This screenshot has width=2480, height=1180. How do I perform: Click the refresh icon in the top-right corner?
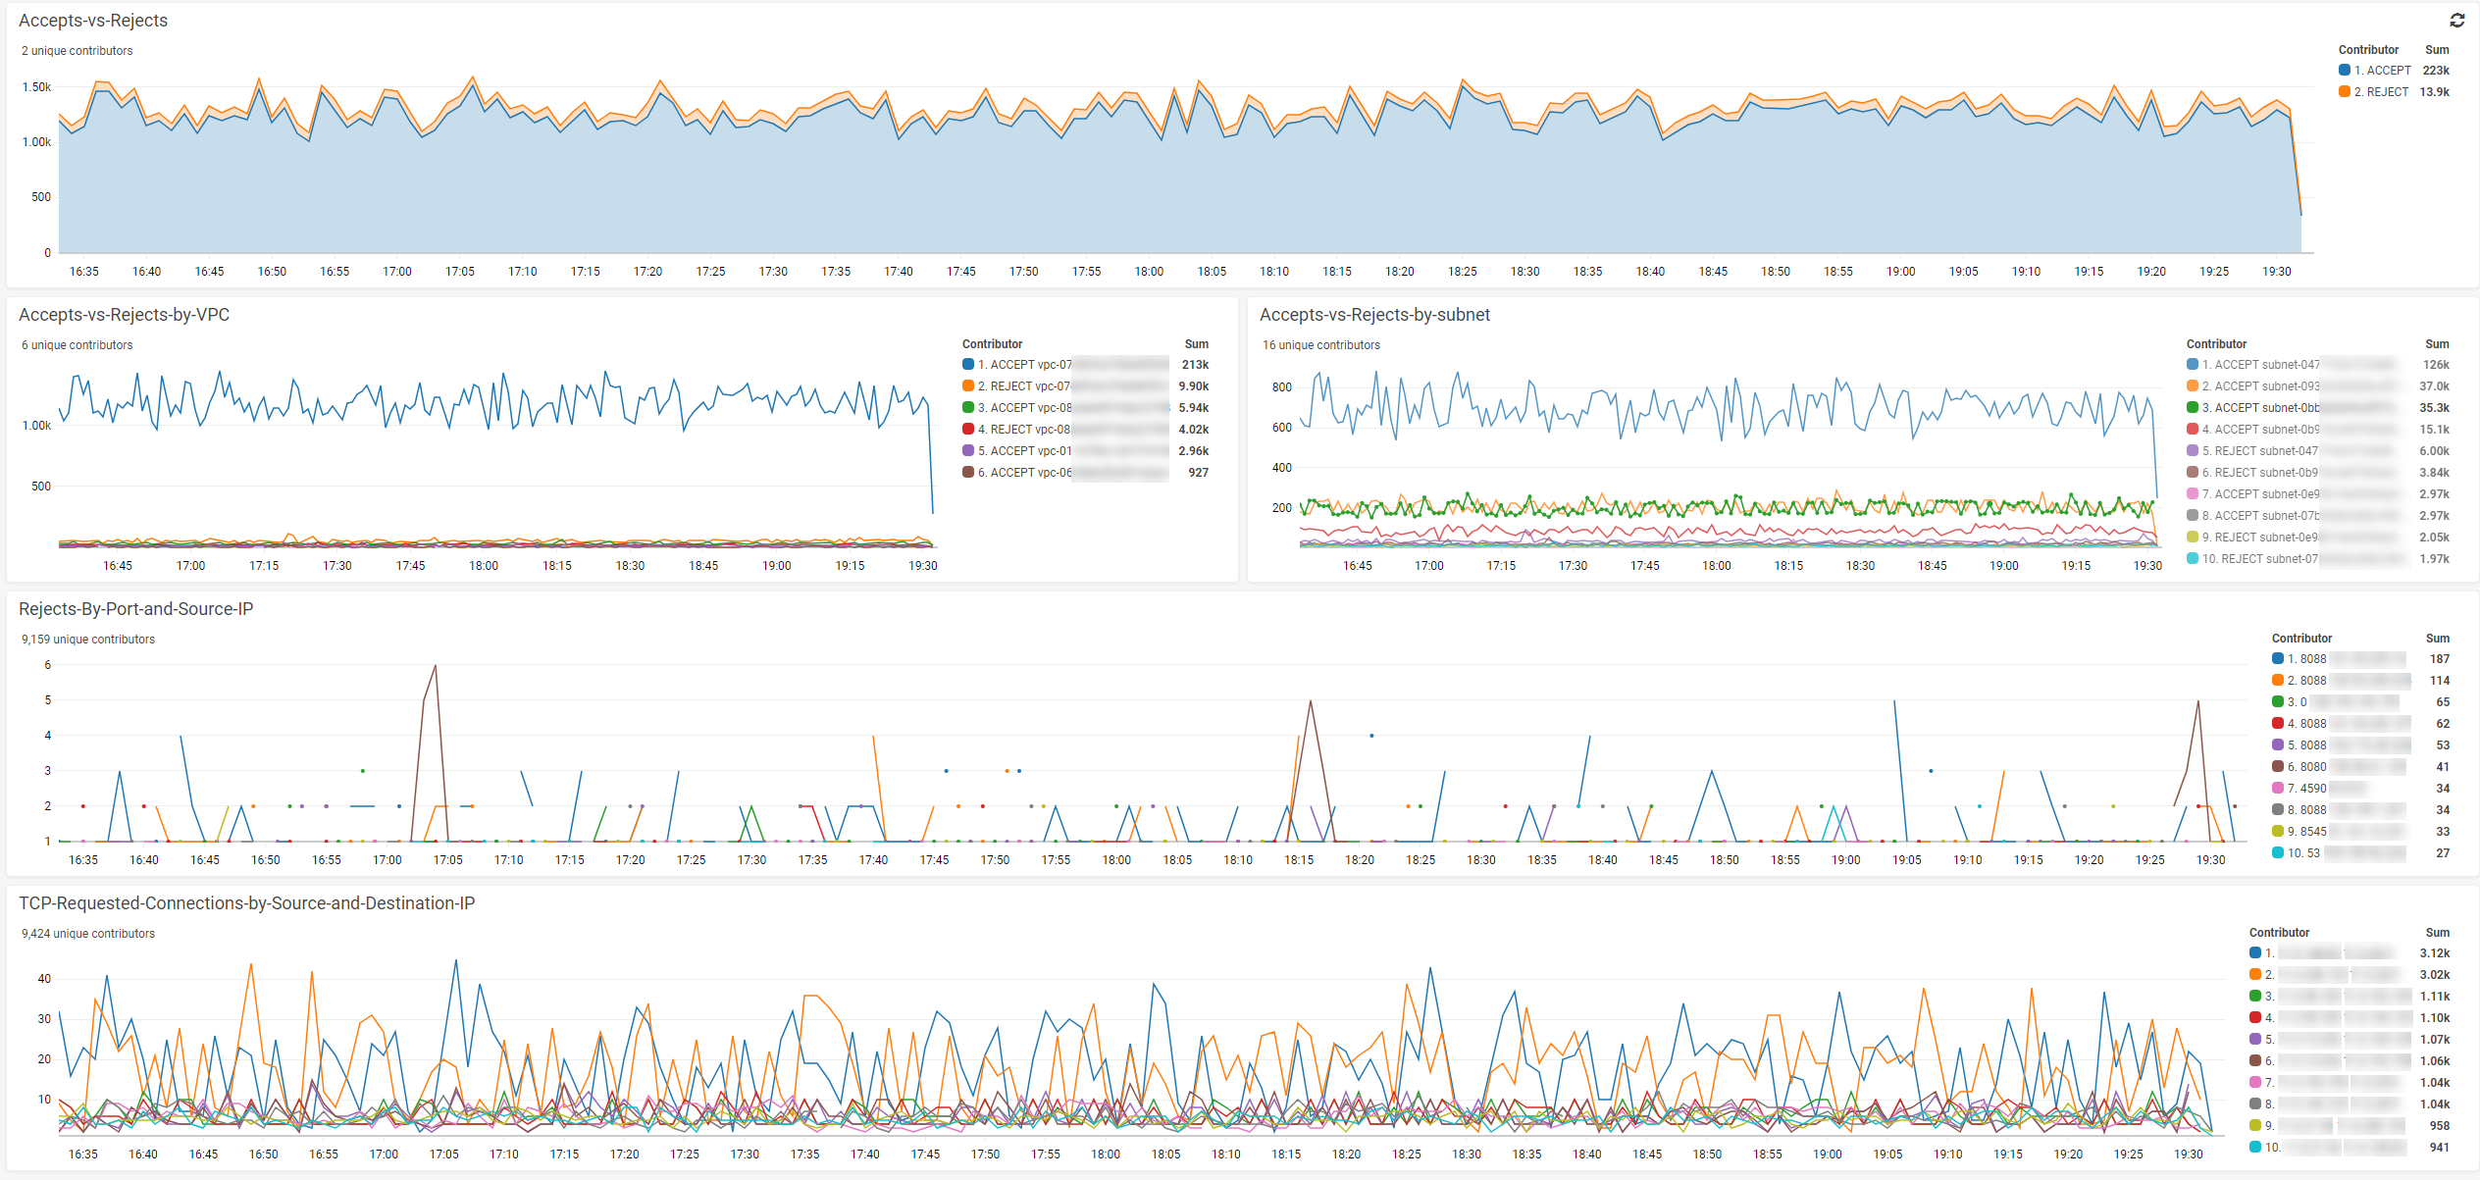2456,21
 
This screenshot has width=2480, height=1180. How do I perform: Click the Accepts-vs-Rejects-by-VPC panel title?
124,315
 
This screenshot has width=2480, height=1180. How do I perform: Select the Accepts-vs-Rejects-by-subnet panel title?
1373,315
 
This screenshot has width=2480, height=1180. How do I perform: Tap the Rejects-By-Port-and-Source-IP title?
135,609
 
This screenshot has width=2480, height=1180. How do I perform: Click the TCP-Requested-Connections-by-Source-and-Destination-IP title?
246,903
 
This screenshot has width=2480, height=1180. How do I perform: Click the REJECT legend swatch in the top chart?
2344,92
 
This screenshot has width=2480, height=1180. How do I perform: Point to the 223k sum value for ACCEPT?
2435,71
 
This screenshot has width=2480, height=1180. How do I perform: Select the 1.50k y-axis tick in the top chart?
36,87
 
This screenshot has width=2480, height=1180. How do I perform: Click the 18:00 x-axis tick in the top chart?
1149,272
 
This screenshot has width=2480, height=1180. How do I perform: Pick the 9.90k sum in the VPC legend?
1193,386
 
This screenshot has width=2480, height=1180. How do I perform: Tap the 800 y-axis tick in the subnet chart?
1281,387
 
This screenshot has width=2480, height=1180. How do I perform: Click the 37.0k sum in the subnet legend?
2434,386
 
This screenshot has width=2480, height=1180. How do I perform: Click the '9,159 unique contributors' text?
88,640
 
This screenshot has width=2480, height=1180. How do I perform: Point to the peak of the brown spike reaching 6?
435,666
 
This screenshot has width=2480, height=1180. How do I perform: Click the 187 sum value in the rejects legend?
2439,659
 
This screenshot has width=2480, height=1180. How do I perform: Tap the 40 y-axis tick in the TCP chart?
44,979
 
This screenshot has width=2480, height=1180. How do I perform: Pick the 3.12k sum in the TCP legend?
2434,953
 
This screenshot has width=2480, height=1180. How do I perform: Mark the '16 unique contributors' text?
1320,345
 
